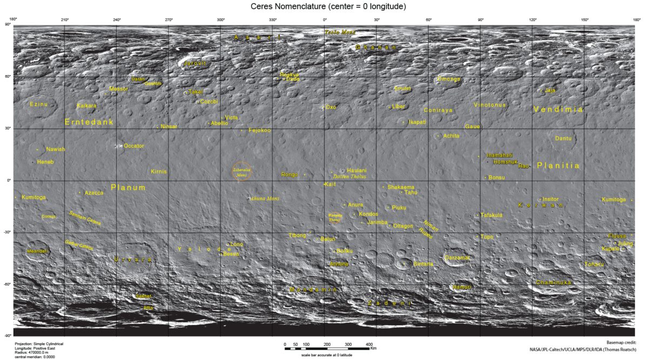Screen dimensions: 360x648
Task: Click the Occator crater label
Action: (x=134, y=146)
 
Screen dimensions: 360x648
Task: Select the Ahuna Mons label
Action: (x=266, y=199)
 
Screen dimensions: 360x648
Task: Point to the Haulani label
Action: (x=356, y=170)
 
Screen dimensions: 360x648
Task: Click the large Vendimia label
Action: (x=558, y=110)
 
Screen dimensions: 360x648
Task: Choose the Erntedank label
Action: (x=89, y=123)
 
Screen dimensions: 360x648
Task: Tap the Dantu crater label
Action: (x=563, y=139)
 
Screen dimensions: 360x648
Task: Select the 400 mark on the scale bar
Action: (x=369, y=344)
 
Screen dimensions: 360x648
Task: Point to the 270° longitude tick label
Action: (x=168, y=20)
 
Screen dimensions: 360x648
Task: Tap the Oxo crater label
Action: (x=330, y=107)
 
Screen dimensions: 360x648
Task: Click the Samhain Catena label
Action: (x=85, y=218)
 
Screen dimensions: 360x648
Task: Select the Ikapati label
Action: (x=417, y=122)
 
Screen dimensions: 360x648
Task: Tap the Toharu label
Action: (x=594, y=264)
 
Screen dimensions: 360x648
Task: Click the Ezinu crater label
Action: (x=39, y=104)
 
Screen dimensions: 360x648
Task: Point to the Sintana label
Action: (x=423, y=264)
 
